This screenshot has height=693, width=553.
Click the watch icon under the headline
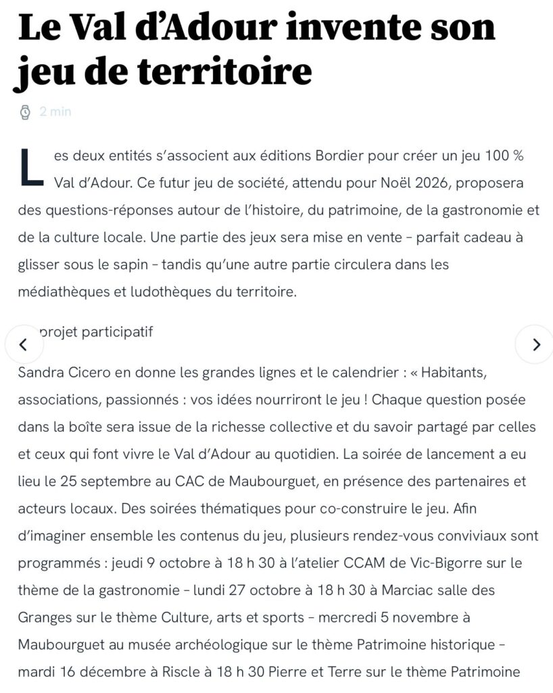tap(25, 112)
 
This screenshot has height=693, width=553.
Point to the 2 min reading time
tap(55, 112)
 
